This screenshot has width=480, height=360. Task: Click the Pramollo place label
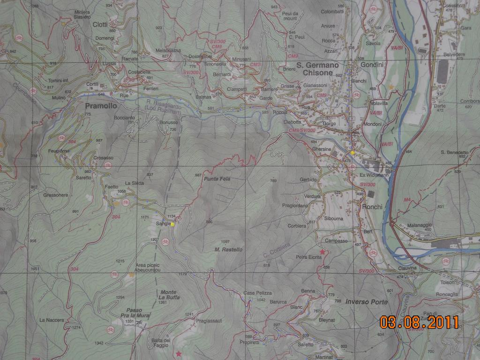[x=100, y=106]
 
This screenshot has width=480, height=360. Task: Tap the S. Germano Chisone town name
[x=317, y=69]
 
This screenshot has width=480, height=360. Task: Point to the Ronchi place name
[x=372, y=207]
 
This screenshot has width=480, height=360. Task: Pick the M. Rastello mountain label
[x=228, y=249]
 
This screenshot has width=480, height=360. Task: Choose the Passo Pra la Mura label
[x=135, y=313]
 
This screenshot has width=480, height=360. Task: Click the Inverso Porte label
[x=367, y=302]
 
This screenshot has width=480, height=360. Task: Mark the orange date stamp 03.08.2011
[x=419, y=322]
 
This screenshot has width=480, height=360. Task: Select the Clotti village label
[x=100, y=24]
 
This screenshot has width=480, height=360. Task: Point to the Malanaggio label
[x=420, y=224]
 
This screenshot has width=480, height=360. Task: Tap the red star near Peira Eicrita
[x=322, y=252]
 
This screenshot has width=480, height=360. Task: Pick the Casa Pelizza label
[x=258, y=293]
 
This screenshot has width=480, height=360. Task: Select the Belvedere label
[x=453, y=54]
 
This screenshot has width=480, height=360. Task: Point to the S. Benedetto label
[x=454, y=152]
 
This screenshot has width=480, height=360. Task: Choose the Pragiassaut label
[x=209, y=321]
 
